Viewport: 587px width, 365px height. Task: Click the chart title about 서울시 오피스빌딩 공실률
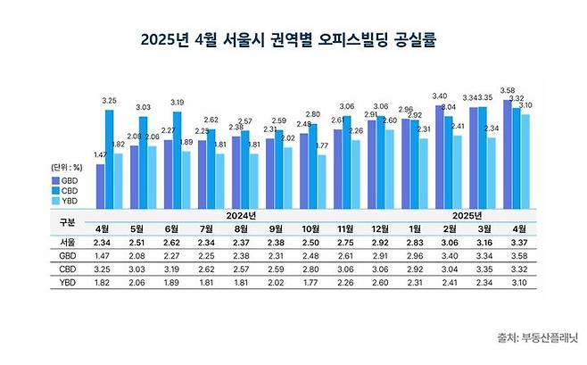coord(293,40)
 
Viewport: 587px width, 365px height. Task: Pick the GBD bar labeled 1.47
coord(100,187)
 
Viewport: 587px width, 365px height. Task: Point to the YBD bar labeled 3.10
coord(526,162)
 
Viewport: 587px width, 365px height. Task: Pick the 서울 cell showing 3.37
coord(517,241)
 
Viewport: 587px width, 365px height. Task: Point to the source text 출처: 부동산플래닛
coord(538,337)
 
